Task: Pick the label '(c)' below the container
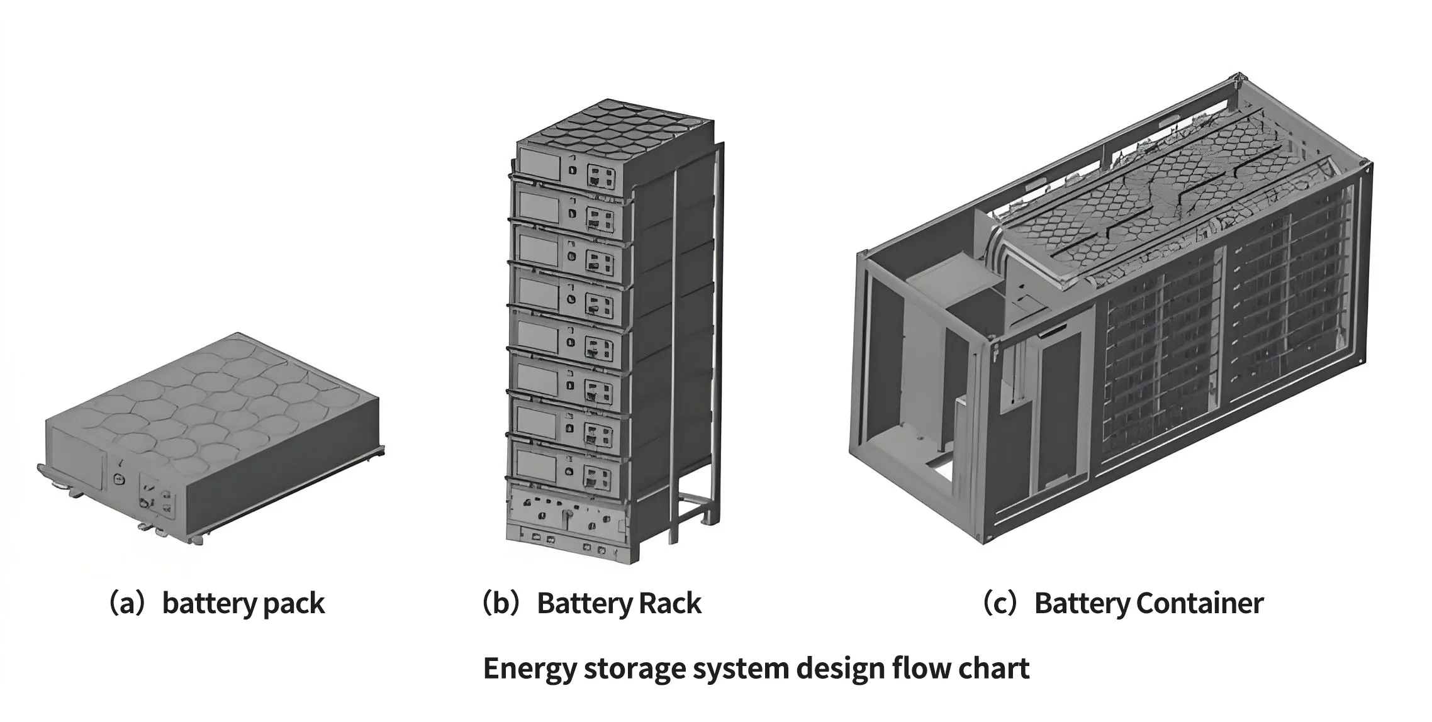1000,603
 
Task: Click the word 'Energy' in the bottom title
529,669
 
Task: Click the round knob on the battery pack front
119,479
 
